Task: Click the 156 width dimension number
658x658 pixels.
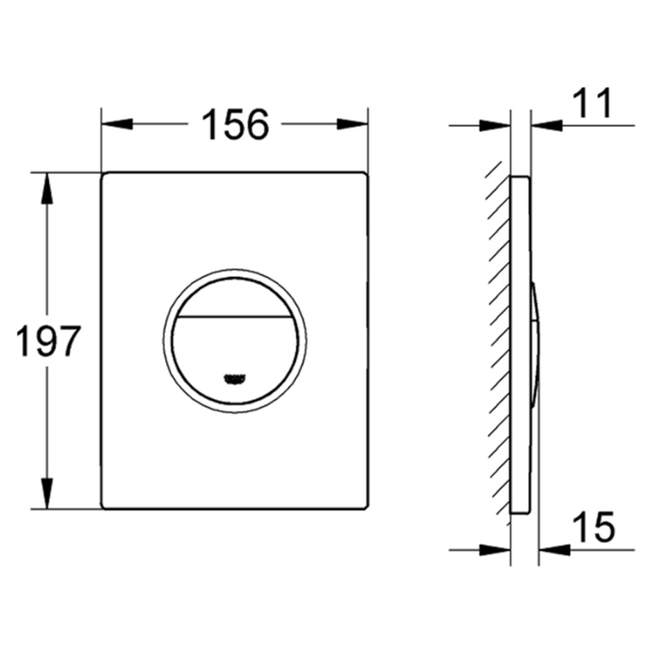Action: pyautogui.click(x=235, y=124)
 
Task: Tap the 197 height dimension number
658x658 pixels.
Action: pyautogui.click(x=47, y=340)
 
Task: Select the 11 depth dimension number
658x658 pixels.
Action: pyautogui.click(x=593, y=103)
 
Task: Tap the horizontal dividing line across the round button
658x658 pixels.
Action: pyautogui.click(x=235, y=316)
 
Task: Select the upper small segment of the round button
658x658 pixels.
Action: pyautogui.click(x=235, y=297)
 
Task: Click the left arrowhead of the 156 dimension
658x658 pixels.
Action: pyautogui.click(x=117, y=124)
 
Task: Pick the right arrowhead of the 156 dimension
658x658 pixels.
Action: pyautogui.click(x=353, y=124)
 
